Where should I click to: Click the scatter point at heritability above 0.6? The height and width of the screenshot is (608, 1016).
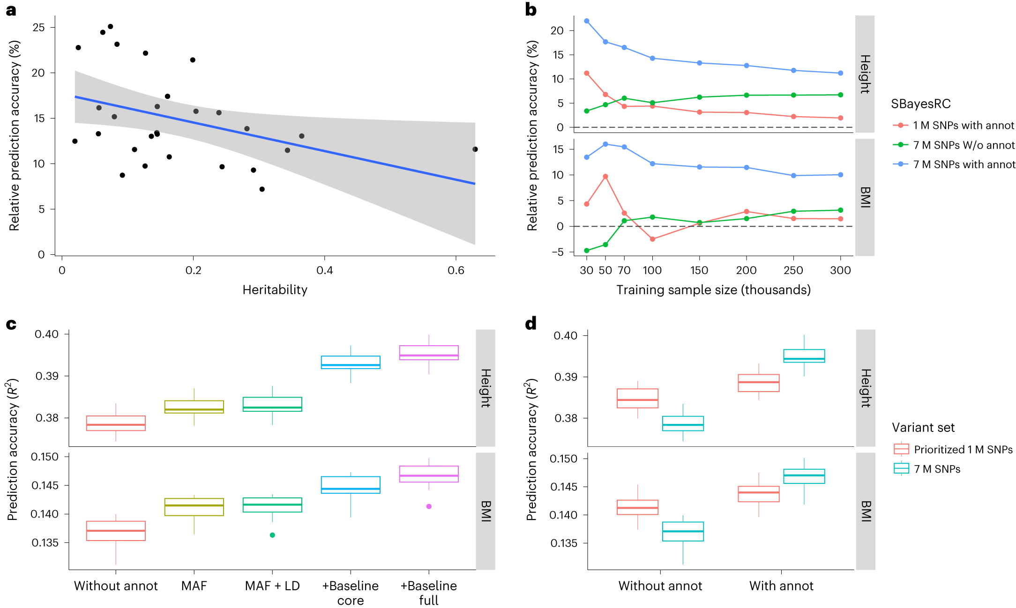pyautogui.click(x=475, y=149)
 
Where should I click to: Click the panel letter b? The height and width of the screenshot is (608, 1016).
pyautogui.click(x=530, y=9)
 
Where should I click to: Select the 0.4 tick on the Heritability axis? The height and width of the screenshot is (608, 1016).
pyautogui.click(x=324, y=270)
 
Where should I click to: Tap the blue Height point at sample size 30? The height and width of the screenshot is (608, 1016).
pyautogui.click(x=587, y=21)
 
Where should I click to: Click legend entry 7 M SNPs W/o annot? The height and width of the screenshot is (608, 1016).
pyautogui.click(x=963, y=145)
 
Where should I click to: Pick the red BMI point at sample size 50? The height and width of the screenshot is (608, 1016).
pyautogui.click(x=605, y=177)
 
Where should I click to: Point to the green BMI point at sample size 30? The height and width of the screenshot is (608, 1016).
pyautogui.click(x=587, y=251)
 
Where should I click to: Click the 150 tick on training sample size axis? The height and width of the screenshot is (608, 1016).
pyautogui.click(x=699, y=270)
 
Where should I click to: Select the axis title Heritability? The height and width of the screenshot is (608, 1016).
pyautogui.click(x=275, y=290)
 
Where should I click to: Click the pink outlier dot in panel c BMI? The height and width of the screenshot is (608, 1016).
pyautogui.click(x=429, y=506)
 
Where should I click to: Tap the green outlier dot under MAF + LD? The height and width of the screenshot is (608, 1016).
pyautogui.click(x=272, y=535)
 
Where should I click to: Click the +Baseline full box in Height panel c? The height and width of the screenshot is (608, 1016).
pyautogui.click(x=429, y=353)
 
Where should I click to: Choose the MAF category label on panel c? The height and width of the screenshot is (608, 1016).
pyautogui.click(x=194, y=586)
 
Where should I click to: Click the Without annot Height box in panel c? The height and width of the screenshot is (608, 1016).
pyautogui.click(x=116, y=423)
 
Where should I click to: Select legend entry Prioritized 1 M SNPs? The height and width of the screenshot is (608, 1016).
pyautogui.click(x=963, y=450)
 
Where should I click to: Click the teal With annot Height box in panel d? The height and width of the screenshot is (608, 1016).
pyautogui.click(x=804, y=356)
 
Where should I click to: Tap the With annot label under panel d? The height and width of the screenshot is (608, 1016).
pyautogui.click(x=781, y=586)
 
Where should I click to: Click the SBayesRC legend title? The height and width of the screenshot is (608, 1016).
pyautogui.click(x=920, y=104)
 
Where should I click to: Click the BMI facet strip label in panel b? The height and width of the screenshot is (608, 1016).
pyautogui.click(x=865, y=197)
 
